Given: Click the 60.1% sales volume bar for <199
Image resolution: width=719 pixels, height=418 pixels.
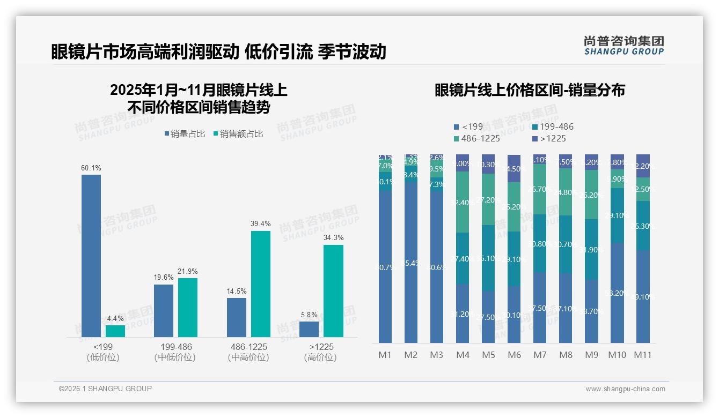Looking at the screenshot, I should click(91, 256).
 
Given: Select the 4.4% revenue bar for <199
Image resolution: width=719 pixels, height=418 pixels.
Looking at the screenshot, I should click(115, 331).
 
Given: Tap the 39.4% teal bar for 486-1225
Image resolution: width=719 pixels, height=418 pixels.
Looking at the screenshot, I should click(261, 283).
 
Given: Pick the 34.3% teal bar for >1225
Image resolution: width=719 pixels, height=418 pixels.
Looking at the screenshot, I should click(333, 290).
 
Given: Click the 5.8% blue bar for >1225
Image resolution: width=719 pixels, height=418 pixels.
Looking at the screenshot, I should click(309, 329).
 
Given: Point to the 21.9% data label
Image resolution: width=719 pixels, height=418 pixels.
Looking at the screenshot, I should click(188, 272).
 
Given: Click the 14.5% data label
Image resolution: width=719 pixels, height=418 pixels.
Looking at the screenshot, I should click(237, 292).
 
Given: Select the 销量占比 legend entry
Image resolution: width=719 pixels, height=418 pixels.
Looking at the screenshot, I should click(184, 134).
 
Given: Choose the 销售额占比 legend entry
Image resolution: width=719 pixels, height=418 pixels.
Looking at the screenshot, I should click(238, 134).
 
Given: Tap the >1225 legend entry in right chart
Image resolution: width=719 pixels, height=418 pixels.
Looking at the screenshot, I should click(549, 139).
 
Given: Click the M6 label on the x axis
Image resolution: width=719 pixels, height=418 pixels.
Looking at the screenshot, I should click(514, 355).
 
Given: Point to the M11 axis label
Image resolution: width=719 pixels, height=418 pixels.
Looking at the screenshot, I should click(642, 355).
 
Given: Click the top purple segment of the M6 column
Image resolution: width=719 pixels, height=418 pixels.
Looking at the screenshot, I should click(514, 168).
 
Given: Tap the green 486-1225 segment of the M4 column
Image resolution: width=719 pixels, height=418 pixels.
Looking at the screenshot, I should click(463, 202).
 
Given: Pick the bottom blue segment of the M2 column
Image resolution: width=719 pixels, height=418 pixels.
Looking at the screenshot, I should click(411, 262).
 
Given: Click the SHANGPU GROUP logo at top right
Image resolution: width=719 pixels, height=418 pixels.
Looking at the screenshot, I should click(624, 45).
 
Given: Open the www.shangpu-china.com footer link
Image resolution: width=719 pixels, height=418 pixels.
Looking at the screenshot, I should click(625, 389).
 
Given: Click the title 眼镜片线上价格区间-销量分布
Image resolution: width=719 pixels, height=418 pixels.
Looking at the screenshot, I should click(530, 91).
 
